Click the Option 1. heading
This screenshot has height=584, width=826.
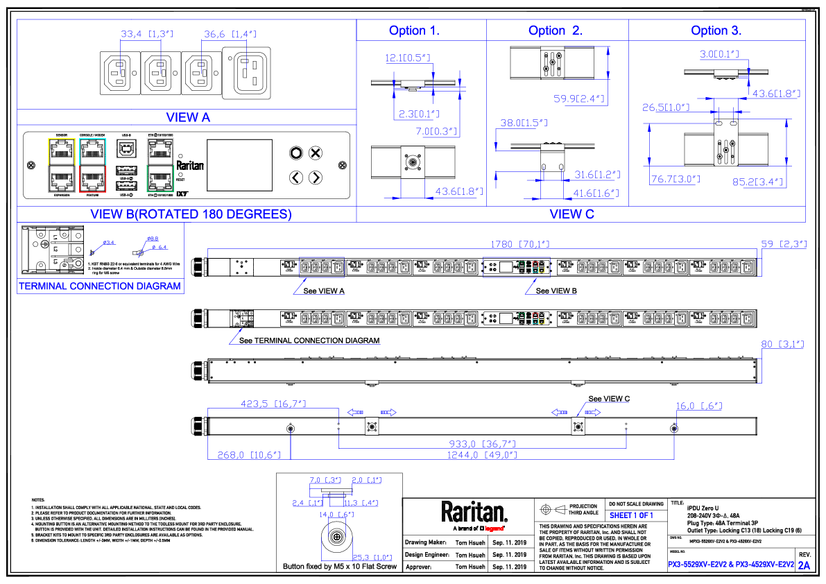414,31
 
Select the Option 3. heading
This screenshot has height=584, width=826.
716,31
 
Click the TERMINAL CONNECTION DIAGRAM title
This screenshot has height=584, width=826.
100,286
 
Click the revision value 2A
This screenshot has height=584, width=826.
804,565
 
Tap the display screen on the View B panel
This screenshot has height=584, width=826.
240,166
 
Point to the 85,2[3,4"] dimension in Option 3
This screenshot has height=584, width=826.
757,182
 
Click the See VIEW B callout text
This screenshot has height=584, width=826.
556,291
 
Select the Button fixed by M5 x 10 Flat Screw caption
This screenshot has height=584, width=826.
339,567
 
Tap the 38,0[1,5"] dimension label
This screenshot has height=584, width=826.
524,123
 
